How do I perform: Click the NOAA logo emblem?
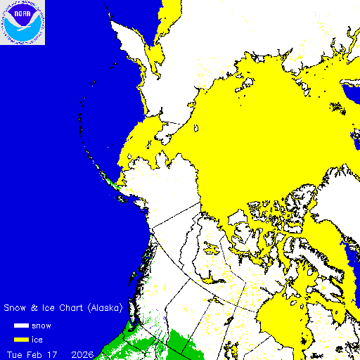22,22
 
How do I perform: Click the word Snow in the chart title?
16,308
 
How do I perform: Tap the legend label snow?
42,326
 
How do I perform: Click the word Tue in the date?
15,352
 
